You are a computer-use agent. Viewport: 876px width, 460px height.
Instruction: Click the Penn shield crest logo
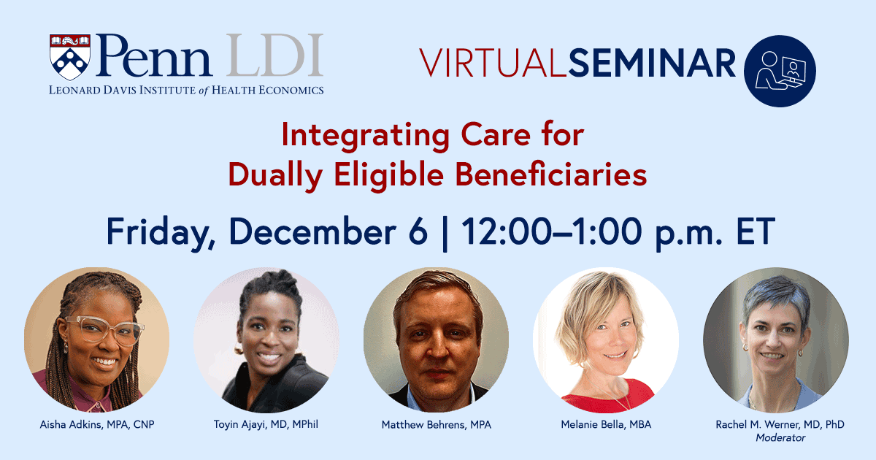(71, 56)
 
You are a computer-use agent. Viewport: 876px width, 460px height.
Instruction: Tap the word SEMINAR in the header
(652, 63)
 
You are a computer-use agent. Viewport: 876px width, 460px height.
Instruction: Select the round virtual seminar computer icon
(779, 71)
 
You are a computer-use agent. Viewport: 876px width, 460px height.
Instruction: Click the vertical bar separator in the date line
(445, 232)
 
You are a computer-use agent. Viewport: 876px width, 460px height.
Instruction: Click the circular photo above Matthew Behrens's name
(436, 340)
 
